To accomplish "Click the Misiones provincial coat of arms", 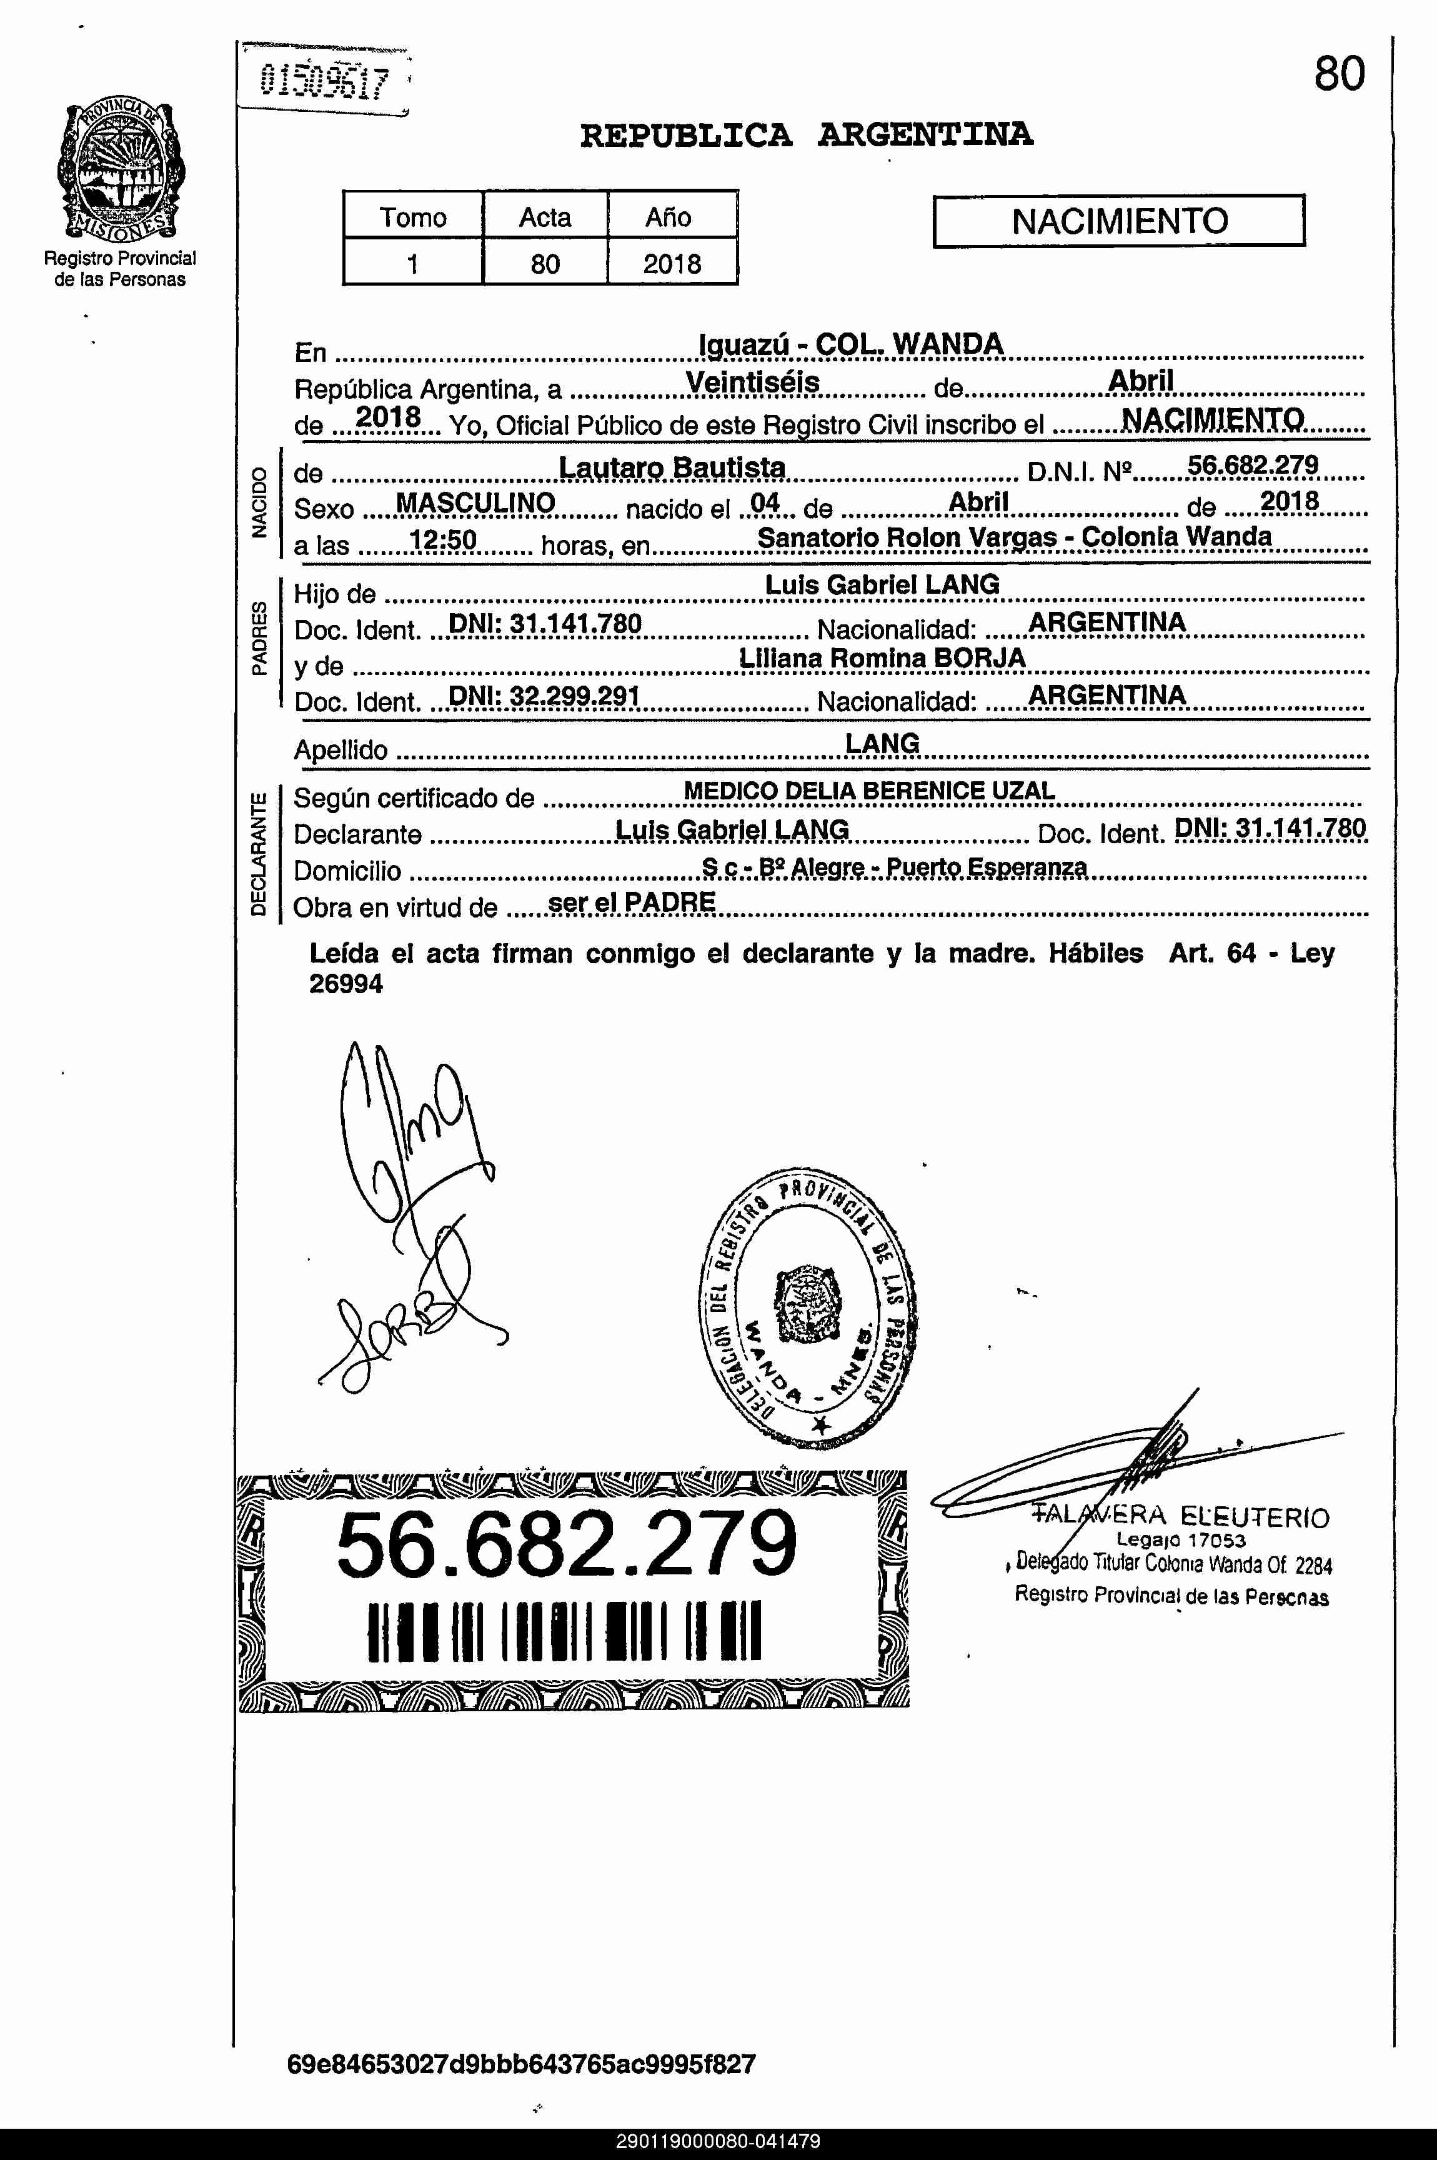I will click(x=120, y=171).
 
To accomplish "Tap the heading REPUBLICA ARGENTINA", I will click(x=807, y=136).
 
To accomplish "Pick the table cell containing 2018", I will click(x=672, y=264).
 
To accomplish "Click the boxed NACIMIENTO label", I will click(x=1118, y=221).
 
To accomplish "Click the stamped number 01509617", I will click(x=324, y=82).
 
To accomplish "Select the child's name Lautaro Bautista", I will click(x=672, y=467).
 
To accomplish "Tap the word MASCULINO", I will click(x=475, y=502).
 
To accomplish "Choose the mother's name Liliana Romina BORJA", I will click(x=882, y=658).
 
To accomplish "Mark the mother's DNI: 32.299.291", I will click(x=544, y=696).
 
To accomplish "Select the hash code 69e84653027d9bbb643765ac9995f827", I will click(x=520, y=2064).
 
